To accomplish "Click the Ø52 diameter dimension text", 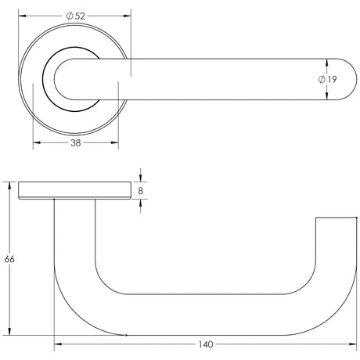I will (x=76, y=16).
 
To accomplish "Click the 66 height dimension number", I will (x=9, y=259).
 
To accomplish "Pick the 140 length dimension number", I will (x=204, y=344).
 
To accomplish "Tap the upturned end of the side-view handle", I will (x=330, y=235).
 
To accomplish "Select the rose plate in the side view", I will (x=74, y=190).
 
